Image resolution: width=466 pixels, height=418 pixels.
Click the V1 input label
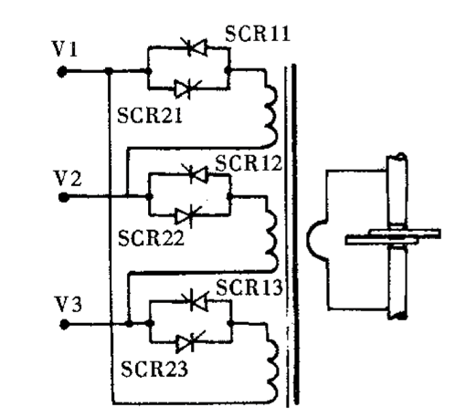(65, 49)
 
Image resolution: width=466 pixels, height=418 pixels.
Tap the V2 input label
(68, 178)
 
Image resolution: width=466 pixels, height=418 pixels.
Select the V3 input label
(69, 304)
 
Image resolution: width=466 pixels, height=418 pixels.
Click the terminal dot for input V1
(62, 72)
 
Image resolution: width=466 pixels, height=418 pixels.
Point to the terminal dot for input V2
(64, 197)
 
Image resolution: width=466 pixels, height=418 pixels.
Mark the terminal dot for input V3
(64, 324)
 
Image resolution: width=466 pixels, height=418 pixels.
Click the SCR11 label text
(258, 33)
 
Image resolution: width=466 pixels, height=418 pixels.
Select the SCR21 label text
(150, 115)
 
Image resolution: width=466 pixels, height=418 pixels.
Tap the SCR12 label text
(249, 163)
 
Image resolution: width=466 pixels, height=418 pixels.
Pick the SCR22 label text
(151, 238)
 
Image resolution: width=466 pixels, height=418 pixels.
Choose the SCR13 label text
(249, 287)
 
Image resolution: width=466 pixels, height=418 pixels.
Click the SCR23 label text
(154, 369)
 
